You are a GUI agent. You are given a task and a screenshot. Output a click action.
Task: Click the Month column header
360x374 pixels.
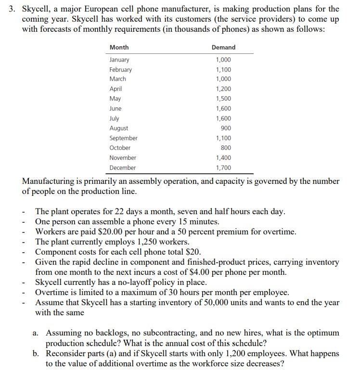click(119, 47)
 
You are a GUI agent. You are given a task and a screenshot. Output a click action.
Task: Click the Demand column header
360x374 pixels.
click(223, 47)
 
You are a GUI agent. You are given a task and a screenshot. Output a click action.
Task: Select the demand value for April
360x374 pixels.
click(223, 89)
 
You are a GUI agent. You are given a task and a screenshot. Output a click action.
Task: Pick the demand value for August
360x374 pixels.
click(226, 128)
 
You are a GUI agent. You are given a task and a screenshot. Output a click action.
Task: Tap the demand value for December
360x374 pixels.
click(223, 168)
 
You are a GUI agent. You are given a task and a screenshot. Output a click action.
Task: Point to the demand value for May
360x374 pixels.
click(223, 99)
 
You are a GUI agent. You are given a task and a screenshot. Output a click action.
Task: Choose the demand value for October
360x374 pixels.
click(226, 148)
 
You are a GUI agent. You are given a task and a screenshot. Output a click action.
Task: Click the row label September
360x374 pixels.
click(123, 138)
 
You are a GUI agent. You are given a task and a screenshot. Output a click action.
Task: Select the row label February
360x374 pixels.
click(120, 69)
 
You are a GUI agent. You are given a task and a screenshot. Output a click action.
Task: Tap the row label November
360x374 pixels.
click(123, 158)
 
